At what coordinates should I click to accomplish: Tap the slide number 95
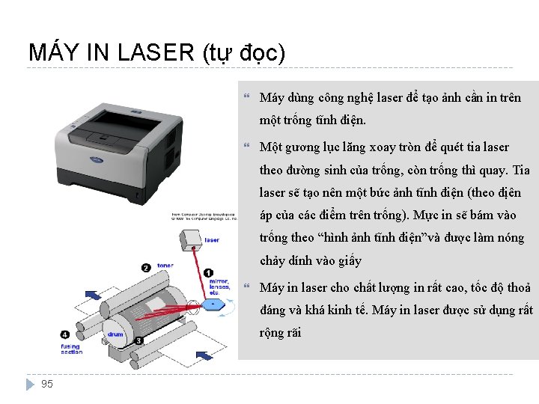coord(47,384)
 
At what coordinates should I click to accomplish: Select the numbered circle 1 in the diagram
coord(208,275)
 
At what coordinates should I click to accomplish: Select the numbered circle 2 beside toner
coord(146,266)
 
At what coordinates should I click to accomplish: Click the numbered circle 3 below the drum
coord(139,341)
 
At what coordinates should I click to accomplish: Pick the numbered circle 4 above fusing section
coord(66,334)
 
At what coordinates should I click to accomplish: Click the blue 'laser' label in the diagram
coord(212,240)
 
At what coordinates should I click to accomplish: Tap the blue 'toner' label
coord(165,266)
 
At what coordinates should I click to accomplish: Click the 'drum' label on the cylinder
coord(115,334)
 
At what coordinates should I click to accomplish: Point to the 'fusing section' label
coord(71,349)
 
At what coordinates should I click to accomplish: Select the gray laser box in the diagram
coord(191,240)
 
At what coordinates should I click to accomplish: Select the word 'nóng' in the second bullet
coord(511,238)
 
